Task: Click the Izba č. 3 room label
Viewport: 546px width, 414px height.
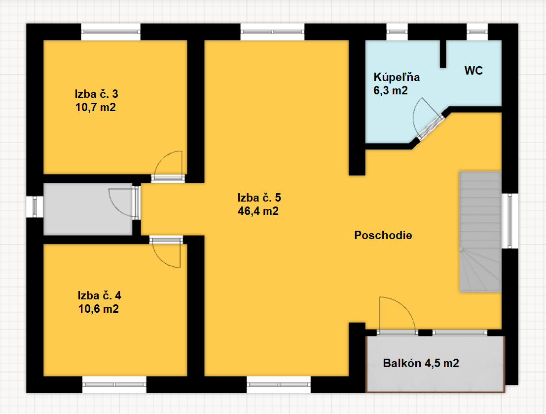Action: pos(97,94)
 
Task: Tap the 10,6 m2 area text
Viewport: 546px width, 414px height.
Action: pos(99,309)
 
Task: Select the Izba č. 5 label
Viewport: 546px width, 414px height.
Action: pos(259,198)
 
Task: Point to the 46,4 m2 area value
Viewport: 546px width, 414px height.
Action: pos(258,211)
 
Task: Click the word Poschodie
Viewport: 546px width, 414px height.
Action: pos(383,235)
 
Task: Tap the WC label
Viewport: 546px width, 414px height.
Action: pos(473,71)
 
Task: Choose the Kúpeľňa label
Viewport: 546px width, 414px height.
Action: pos(397,77)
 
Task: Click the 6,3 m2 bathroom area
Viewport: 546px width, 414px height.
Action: pos(390,91)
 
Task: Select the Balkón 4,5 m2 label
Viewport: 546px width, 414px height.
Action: pos(421,363)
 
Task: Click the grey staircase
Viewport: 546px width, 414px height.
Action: pos(480,231)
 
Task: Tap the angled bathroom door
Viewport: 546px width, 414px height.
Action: pos(431,127)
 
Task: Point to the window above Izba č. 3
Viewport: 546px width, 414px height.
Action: pos(111,32)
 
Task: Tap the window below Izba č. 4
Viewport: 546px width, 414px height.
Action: pos(114,385)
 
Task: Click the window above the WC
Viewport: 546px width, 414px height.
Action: pos(477,32)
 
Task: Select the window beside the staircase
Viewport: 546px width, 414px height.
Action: pos(510,221)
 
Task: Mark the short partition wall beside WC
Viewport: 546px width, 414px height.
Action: pos(443,54)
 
